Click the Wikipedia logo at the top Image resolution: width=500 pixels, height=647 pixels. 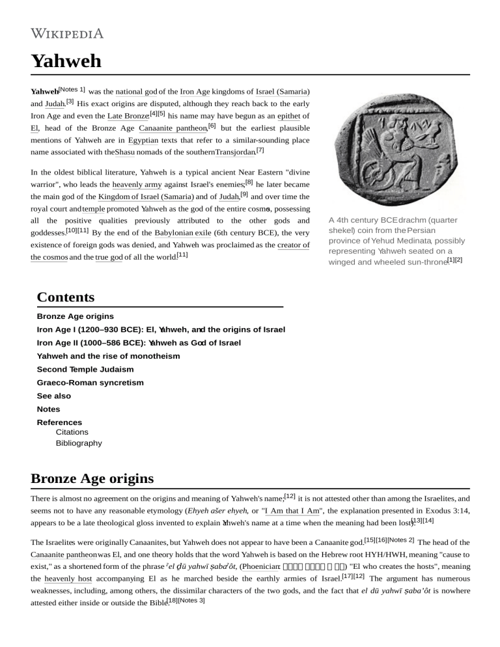click(x=67, y=34)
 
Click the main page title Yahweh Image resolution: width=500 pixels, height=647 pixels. click(x=66, y=61)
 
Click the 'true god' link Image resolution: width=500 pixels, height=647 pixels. click(x=109, y=257)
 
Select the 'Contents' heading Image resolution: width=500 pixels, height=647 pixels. click(x=66, y=297)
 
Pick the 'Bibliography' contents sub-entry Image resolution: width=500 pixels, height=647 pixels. click(x=79, y=443)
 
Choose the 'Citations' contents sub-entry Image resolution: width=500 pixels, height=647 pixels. click(x=73, y=432)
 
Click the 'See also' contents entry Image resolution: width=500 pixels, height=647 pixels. click(x=54, y=396)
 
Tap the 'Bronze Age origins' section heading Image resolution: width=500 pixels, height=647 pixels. click(x=92, y=478)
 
